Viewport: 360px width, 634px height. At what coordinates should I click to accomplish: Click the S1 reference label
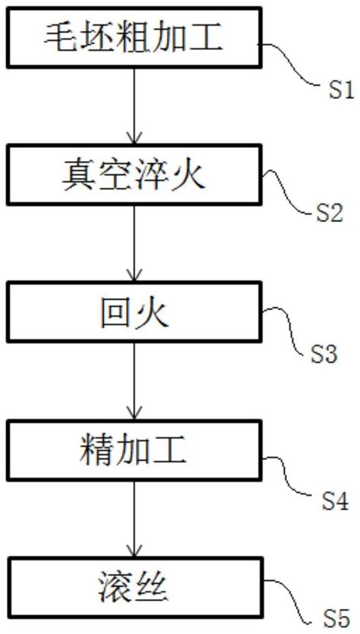point(339,92)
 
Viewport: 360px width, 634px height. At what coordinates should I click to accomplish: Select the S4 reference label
point(334,501)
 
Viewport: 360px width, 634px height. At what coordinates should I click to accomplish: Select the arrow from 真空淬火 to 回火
point(134,244)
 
